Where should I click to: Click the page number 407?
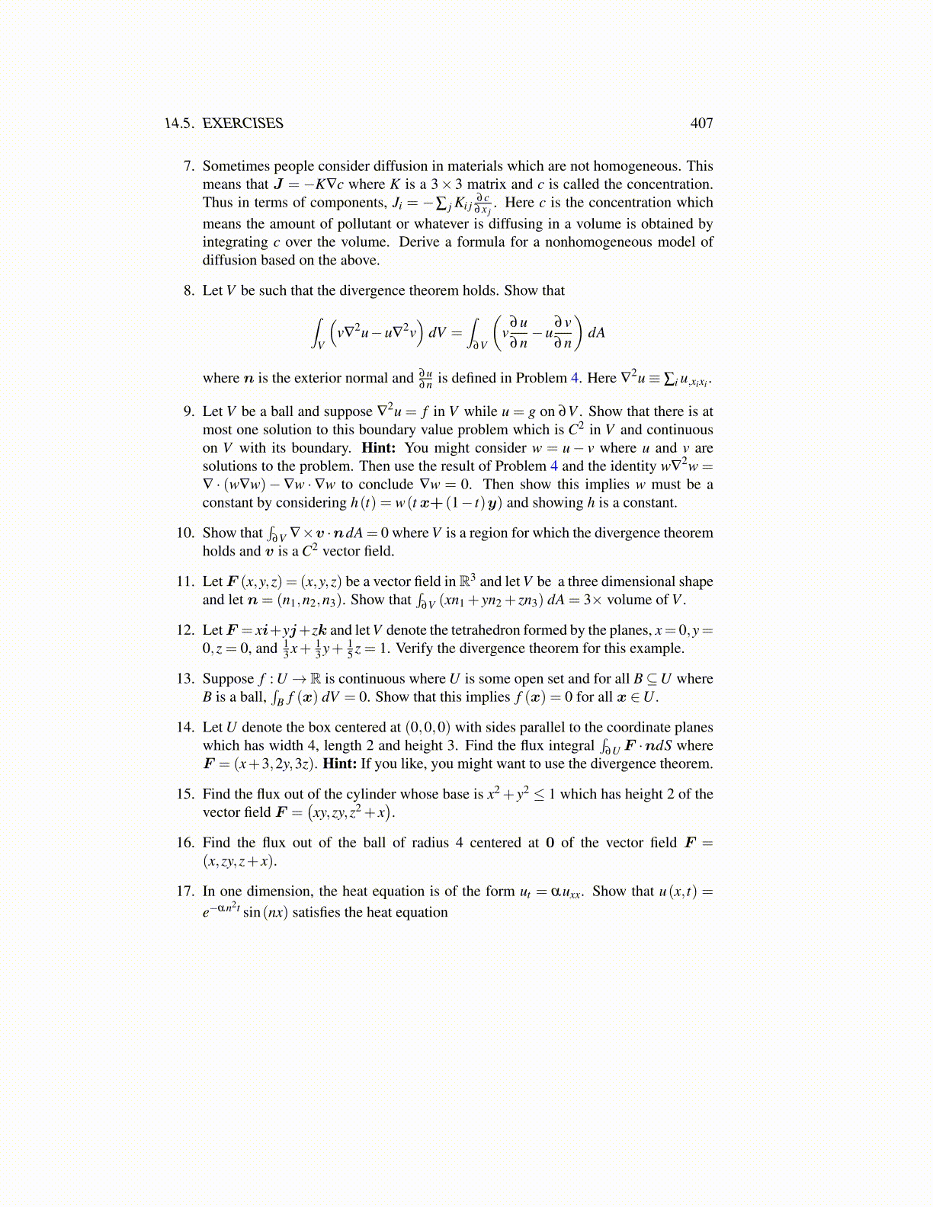[701, 123]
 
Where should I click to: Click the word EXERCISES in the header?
[242, 123]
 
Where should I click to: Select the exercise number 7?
[188, 166]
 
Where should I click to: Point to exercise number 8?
[188, 291]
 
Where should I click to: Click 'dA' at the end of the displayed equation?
[596, 333]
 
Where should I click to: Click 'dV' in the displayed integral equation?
[438, 333]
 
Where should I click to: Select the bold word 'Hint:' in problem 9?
[378, 448]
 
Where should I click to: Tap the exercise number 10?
[185, 533]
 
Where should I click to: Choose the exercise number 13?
[185, 679]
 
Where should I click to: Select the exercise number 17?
[185, 892]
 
